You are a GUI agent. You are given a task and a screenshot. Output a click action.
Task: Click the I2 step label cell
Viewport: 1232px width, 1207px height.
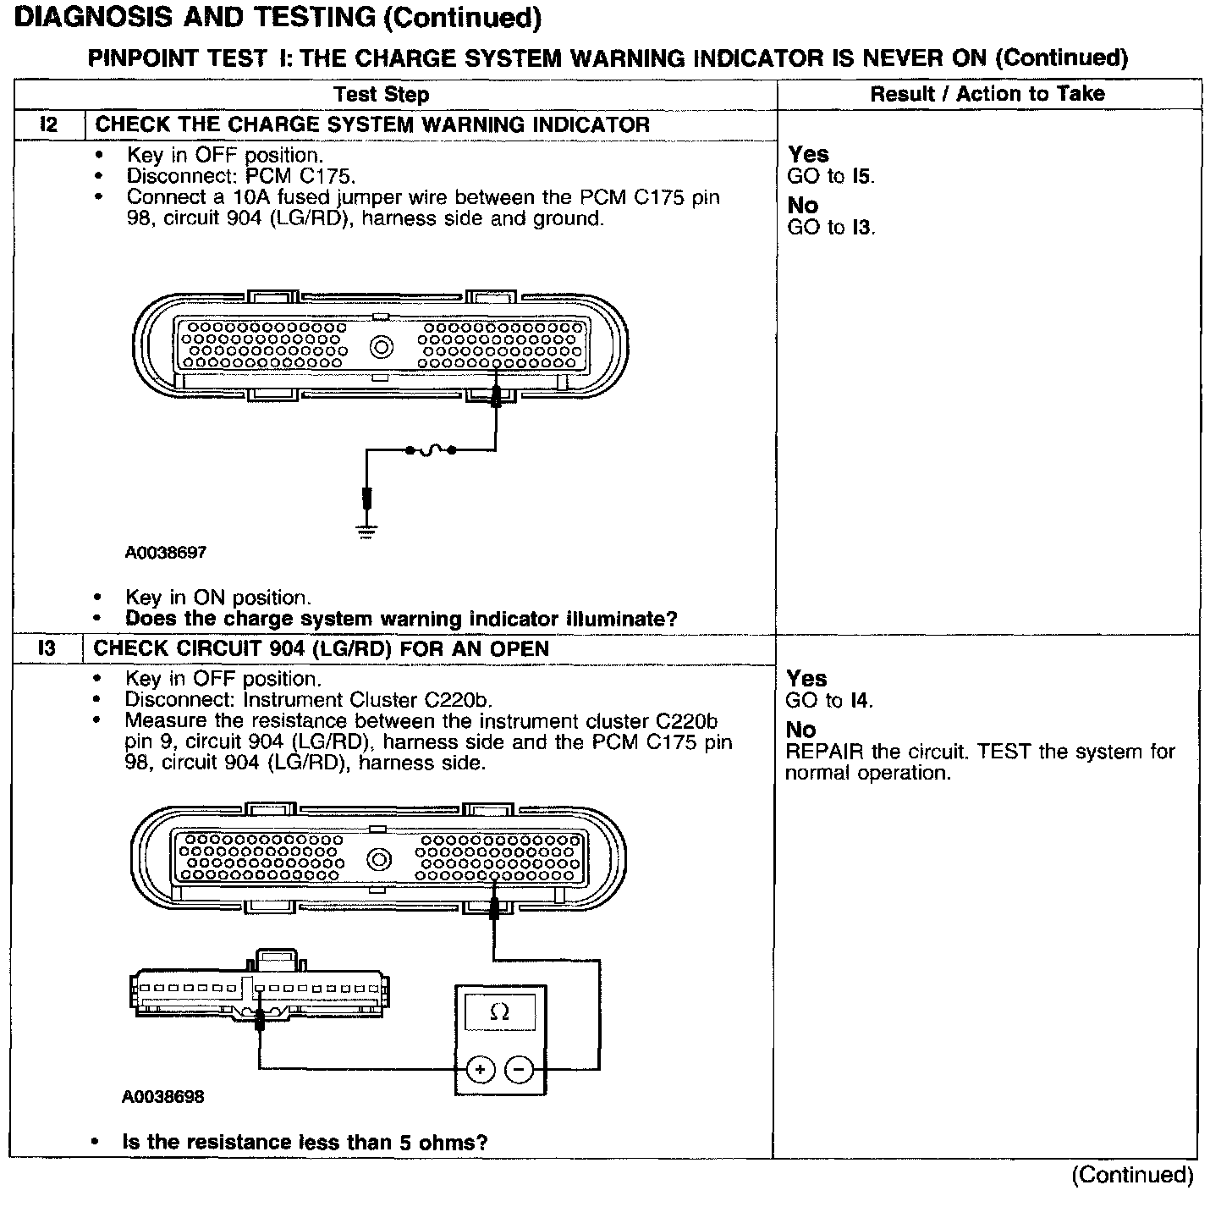point(49,125)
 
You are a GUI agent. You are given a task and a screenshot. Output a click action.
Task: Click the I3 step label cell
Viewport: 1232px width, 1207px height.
point(47,649)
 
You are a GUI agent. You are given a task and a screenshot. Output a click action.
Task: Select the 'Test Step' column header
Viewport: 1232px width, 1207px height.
point(381,95)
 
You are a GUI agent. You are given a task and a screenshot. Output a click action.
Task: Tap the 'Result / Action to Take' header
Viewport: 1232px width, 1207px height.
point(987,94)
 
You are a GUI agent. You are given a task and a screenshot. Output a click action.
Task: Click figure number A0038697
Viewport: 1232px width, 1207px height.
point(166,553)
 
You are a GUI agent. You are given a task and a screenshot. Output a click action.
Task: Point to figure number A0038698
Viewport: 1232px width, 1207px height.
point(163,1097)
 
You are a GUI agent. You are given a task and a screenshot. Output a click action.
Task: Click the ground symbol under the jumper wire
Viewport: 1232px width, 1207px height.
point(367,531)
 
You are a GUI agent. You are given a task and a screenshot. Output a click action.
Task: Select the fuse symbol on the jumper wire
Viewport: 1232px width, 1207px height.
point(430,450)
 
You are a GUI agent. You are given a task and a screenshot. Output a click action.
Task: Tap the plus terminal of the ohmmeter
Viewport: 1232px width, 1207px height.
point(481,1070)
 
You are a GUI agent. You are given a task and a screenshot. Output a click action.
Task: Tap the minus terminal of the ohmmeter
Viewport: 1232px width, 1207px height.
point(519,1070)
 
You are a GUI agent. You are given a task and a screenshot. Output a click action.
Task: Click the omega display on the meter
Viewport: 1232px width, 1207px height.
point(500,1012)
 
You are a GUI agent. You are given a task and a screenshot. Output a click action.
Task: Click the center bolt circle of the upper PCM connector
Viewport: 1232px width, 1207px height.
point(382,347)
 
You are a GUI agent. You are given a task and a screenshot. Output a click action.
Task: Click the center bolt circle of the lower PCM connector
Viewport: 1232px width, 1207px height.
point(380,861)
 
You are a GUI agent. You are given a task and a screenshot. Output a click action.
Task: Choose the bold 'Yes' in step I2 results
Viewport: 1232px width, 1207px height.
point(808,155)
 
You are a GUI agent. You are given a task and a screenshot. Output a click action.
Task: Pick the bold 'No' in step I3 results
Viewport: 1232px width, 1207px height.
point(800,730)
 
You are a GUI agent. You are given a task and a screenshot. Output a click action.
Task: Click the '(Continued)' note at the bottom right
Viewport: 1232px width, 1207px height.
point(1132,1175)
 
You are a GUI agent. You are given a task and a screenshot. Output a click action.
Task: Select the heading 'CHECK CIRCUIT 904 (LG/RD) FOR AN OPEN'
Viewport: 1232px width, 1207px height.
point(321,649)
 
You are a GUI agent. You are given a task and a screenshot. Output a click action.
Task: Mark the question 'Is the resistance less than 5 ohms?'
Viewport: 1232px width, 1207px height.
point(305,1143)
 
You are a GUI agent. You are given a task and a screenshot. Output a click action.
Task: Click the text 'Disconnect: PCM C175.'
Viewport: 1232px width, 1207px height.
point(241,176)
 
